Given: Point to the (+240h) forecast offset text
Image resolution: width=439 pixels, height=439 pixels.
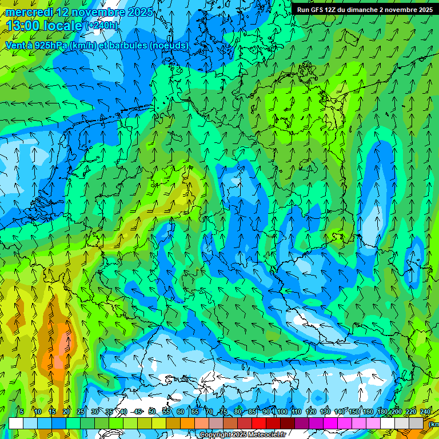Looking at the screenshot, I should (x=102, y=26).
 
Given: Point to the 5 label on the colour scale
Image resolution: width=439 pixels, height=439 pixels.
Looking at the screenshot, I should (x=22, y=412).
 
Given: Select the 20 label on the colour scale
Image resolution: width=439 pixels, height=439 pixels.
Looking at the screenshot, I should (x=66, y=412).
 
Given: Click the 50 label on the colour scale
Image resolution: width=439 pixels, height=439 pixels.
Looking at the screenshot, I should (x=151, y=412).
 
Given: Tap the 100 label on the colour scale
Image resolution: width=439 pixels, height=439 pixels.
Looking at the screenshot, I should (x=282, y=412).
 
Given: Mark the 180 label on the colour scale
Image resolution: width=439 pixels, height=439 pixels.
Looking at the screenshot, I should (x=382, y=412).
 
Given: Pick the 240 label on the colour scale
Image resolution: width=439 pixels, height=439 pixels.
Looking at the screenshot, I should (x=425, y=412).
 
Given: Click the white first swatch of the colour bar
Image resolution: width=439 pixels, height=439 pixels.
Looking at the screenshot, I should (x=16, y=423).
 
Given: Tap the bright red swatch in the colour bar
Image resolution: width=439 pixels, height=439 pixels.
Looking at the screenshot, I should (x=259, y=423).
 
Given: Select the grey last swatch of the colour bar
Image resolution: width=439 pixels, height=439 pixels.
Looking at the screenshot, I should (x=416, y=423).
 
